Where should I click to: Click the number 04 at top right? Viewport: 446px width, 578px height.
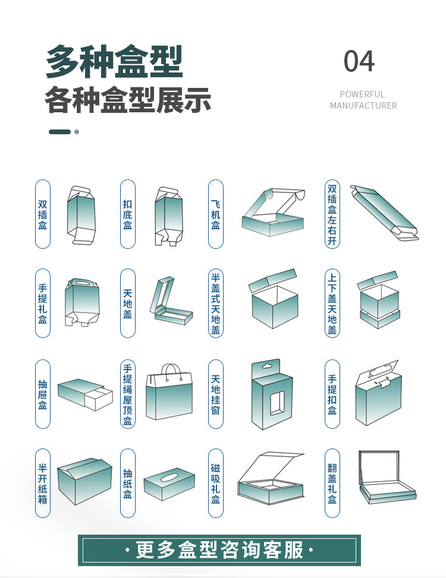point(359,62)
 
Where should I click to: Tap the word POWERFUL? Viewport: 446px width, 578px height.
point(362,94)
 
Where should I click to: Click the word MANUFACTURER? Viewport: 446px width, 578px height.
point(363,106)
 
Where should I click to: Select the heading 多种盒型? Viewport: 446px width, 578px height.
point(114,61)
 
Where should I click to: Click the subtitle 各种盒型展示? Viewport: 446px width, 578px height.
point(128,100)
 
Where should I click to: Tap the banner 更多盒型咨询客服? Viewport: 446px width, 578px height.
point(219,550)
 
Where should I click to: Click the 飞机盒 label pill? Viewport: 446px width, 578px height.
point(215,214)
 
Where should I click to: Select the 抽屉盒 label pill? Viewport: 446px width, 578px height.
point(43,394)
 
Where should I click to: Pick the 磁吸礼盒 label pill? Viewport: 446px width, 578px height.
point(215,484)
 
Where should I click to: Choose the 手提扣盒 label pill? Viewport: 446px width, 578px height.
point(332,394)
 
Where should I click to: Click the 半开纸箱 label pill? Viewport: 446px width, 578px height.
point(43,484)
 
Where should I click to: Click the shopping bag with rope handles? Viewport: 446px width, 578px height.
point(169,392)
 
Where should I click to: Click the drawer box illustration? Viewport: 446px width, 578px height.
point(85,393)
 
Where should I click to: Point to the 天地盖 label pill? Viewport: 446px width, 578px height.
point(128,304)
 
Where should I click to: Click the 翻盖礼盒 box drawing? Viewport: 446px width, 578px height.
point(387,478)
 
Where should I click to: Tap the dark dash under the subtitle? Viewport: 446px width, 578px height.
point(59,132)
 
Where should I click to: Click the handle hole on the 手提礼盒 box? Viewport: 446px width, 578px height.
point(82,284)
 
